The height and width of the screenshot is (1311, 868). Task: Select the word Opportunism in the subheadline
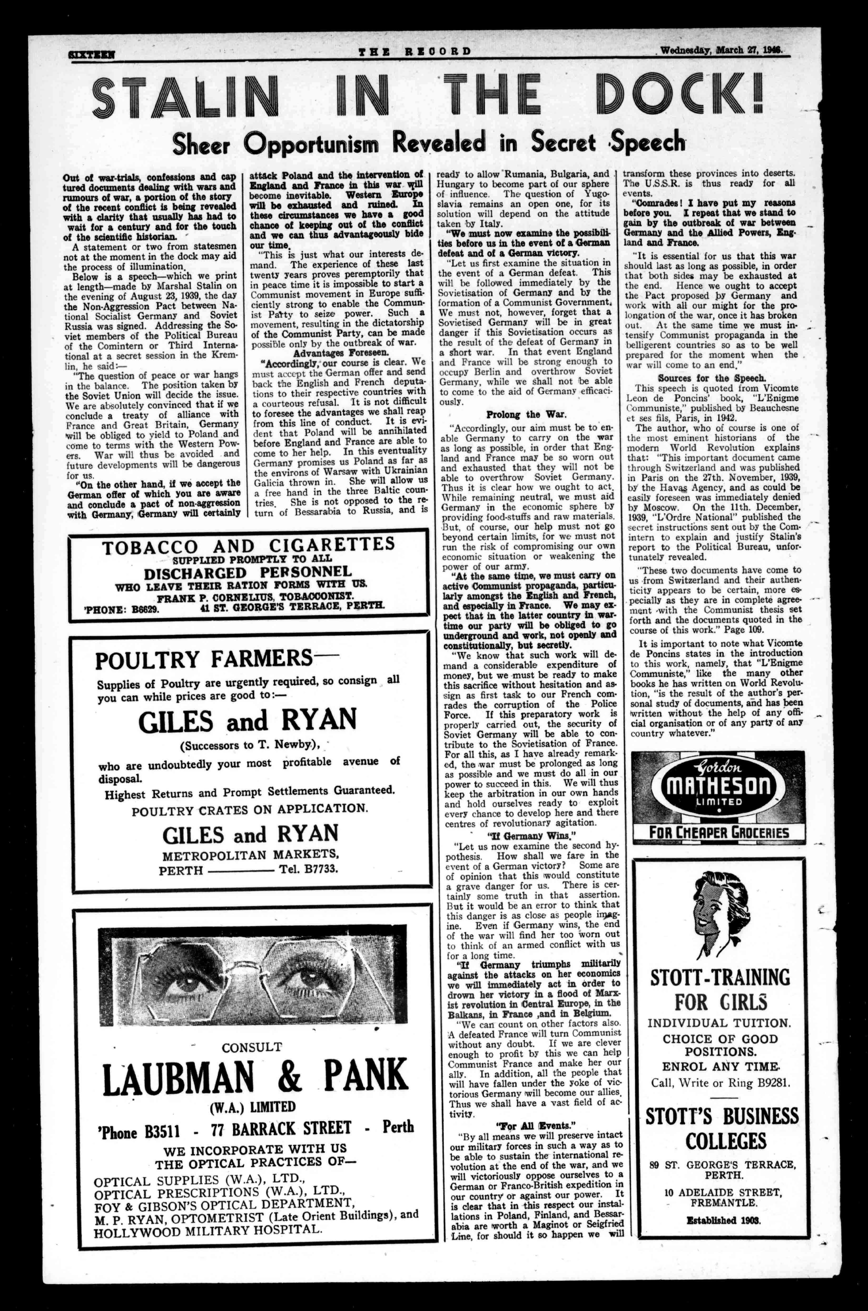(x=313, y=144)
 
